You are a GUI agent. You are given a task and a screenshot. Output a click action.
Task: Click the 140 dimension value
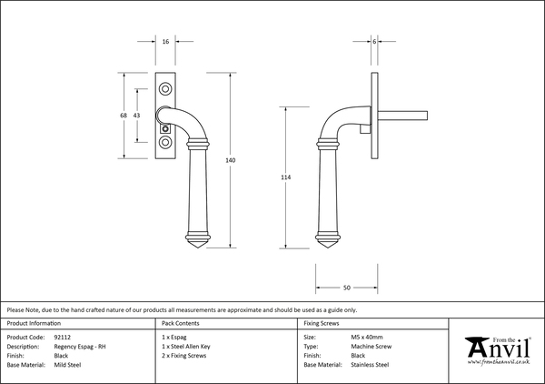[230, 160]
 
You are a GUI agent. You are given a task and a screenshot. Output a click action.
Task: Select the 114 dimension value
[286, 177]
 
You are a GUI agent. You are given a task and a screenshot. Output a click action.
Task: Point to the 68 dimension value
[124, 116]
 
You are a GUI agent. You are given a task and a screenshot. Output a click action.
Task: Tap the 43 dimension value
[136, 116]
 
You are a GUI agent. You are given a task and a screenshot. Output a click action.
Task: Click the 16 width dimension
[165, 42]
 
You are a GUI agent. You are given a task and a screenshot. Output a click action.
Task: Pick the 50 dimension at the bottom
[347, 288]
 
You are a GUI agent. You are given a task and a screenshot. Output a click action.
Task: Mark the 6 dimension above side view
[373, 42]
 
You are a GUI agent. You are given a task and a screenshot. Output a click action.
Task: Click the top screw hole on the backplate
[165, 88]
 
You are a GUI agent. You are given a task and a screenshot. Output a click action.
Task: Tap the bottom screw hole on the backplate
[165, 144]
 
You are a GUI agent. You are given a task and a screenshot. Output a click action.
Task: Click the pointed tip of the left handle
[200, 248]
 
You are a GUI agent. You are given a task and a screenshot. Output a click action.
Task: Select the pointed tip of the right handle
[332, 248]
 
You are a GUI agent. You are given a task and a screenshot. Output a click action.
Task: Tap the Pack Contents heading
[180, 323]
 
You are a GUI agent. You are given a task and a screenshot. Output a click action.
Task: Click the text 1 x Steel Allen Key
[183, 346]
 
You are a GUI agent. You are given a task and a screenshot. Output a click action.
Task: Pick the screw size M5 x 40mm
[371, 337]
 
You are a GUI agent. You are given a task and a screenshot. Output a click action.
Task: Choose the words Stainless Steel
[371, 364]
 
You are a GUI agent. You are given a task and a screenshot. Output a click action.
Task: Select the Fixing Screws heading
[322, 323]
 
